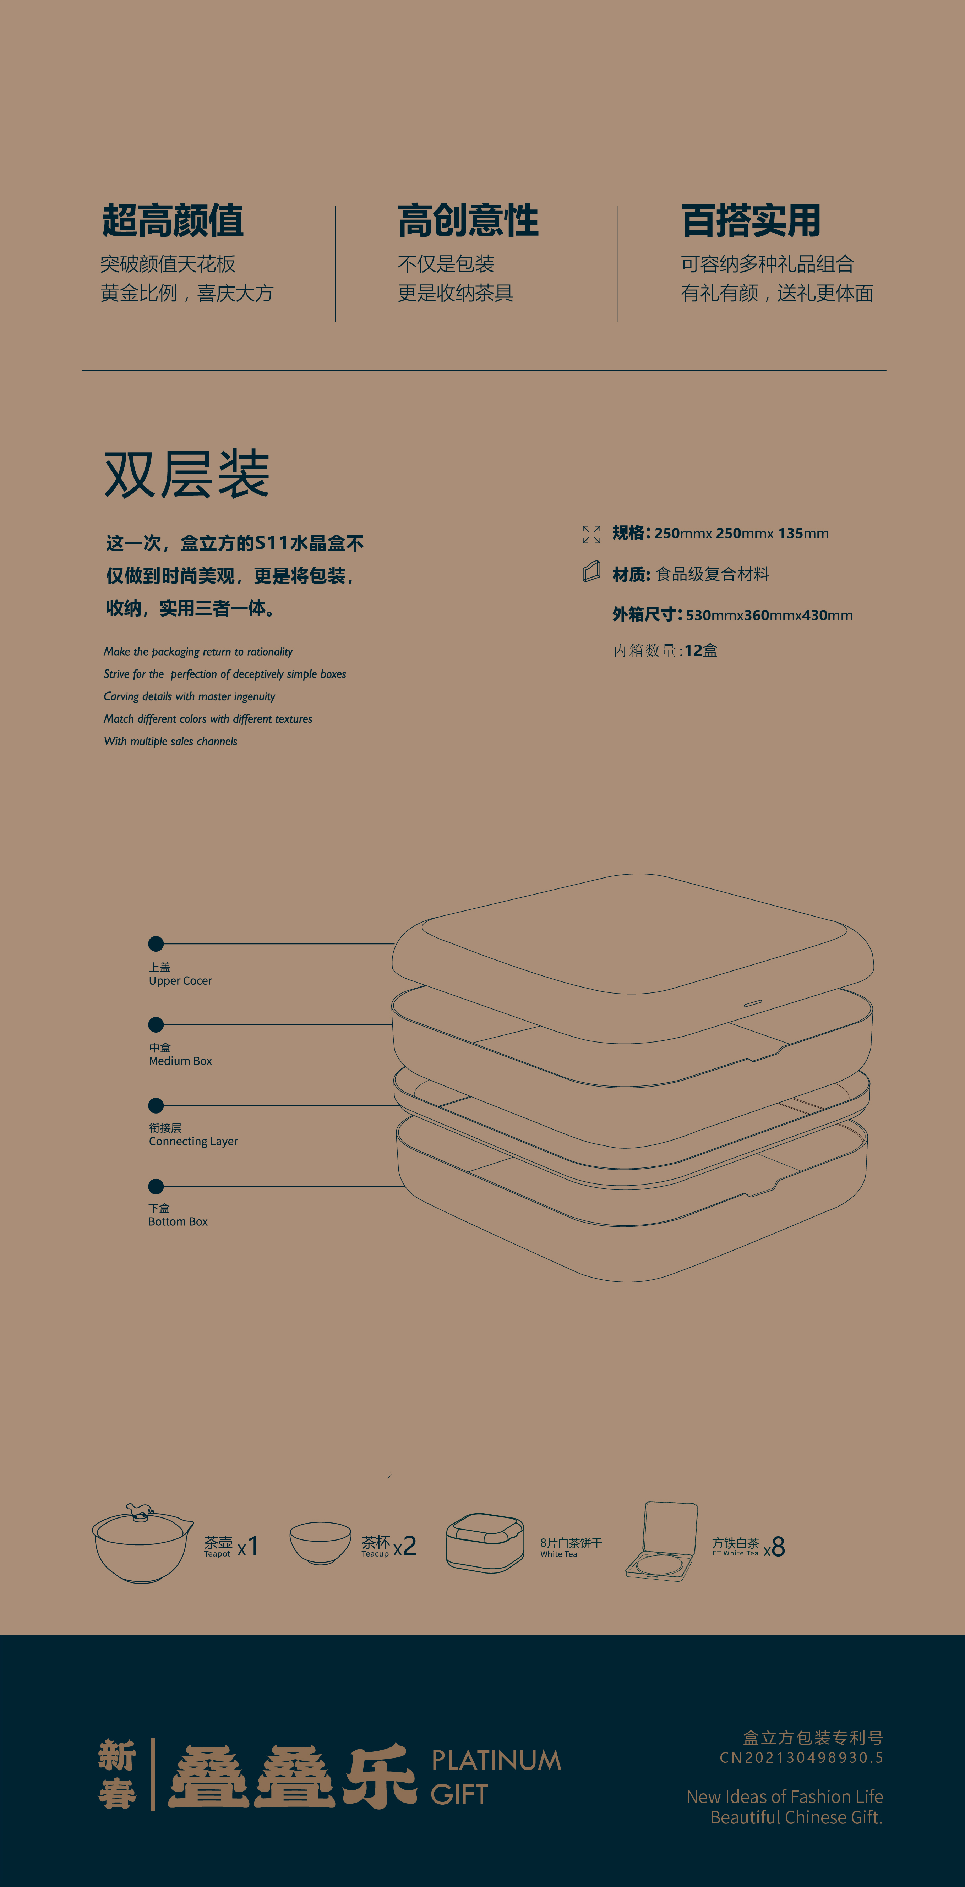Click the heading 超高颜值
coord(173,221)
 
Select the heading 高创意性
coord(468,221)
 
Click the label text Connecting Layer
coord(193,1141)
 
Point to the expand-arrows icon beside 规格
coord(591,534)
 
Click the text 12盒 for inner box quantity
coord(701,651)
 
